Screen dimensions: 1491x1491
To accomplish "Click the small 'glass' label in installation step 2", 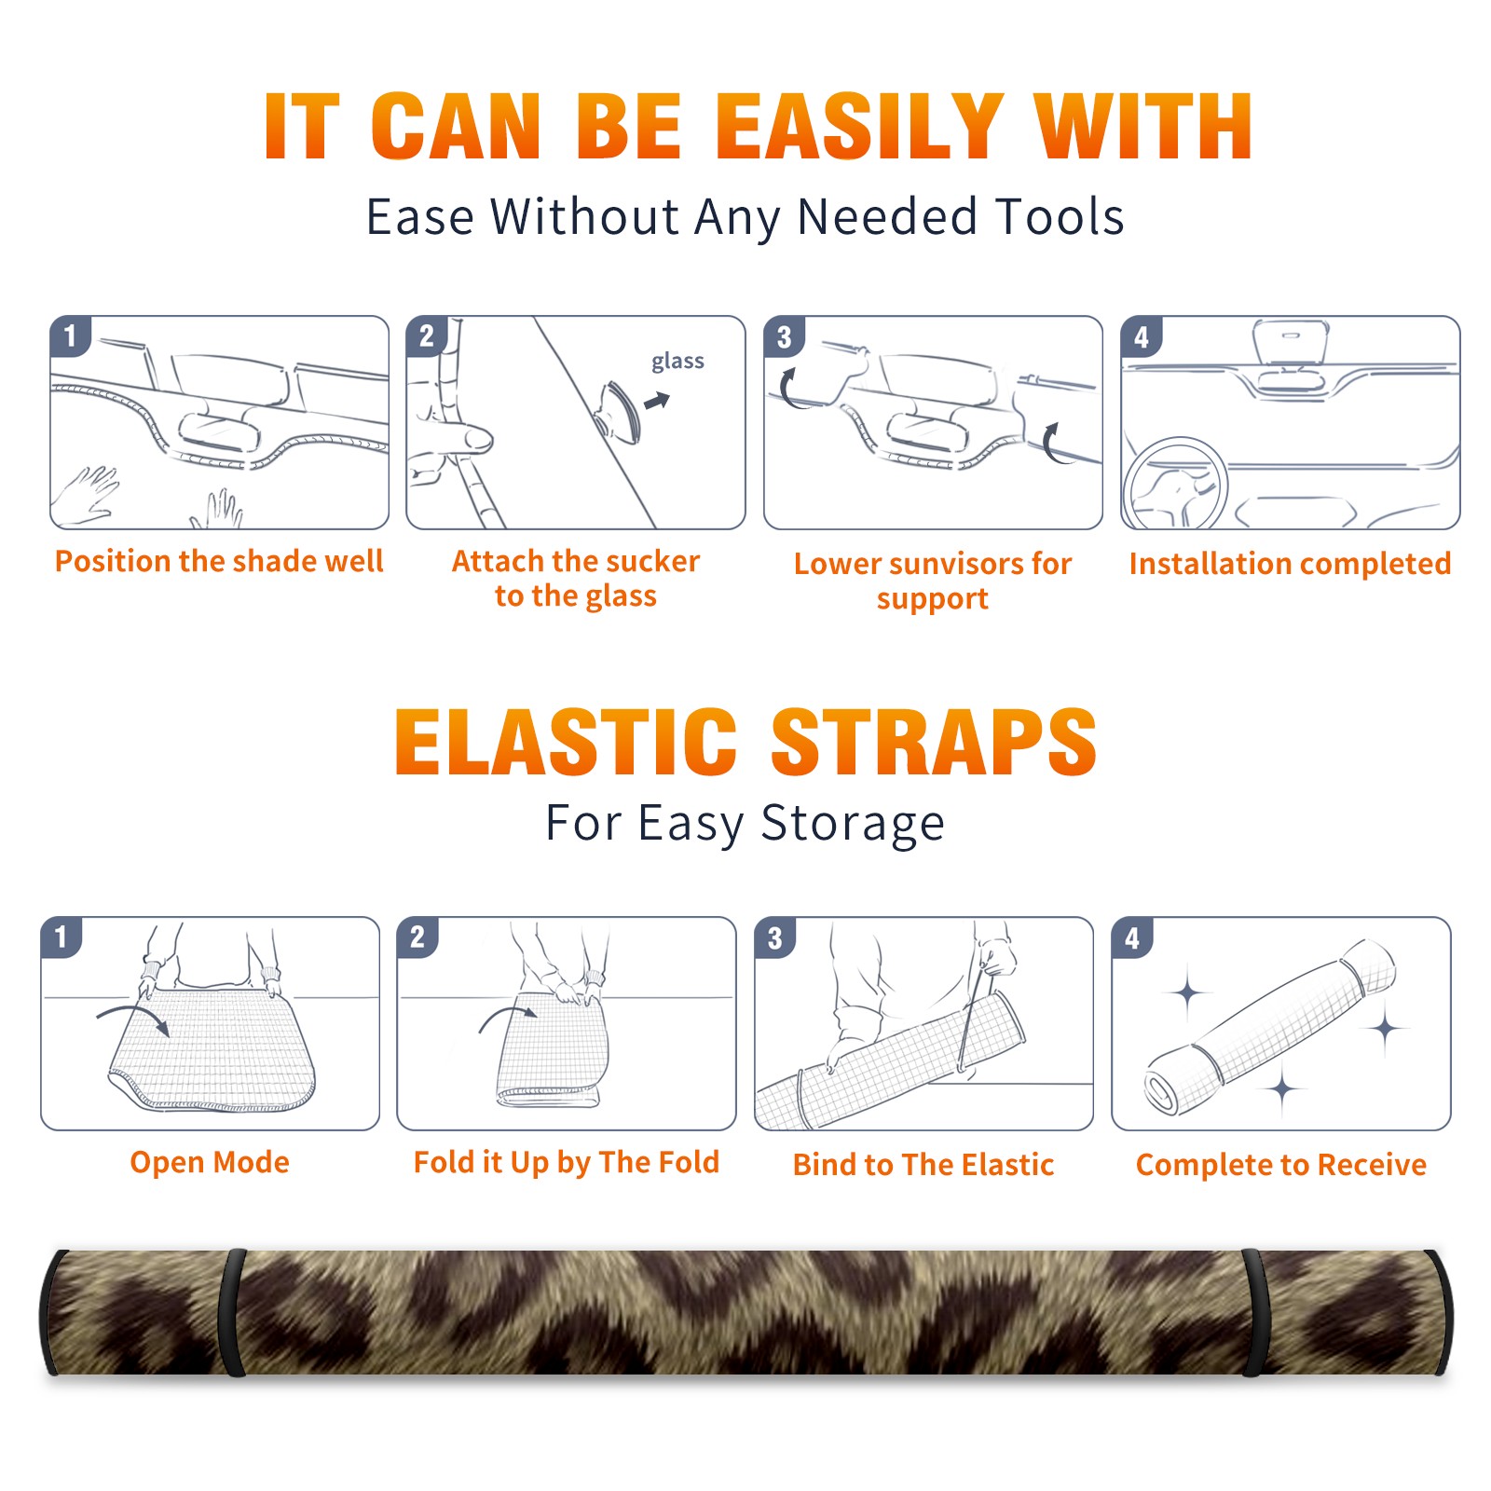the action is click(x=677, y=362).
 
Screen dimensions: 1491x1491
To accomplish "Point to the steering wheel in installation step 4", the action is click(x=1174, y=485).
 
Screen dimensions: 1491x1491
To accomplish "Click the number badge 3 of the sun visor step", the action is click(x=784, y=336).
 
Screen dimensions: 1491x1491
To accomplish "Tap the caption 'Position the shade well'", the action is click(x=219, y=561).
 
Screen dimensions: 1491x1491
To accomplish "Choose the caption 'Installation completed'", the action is click(x=1290, y=564).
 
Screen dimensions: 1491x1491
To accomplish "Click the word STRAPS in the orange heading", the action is click(x=934, y=742).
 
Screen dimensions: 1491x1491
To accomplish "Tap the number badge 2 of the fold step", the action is click(x=417, y=937).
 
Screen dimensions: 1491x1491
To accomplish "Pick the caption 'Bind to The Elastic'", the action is click(x=923, y=1165).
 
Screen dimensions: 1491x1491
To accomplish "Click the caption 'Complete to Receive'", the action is click(x=1280, y=1165).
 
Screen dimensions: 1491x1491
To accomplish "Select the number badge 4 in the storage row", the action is click(x=1131, y=937).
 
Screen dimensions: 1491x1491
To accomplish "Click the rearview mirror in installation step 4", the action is click(x=1290, y=342).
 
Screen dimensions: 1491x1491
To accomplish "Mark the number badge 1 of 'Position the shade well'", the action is click(x=70, y=335).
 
